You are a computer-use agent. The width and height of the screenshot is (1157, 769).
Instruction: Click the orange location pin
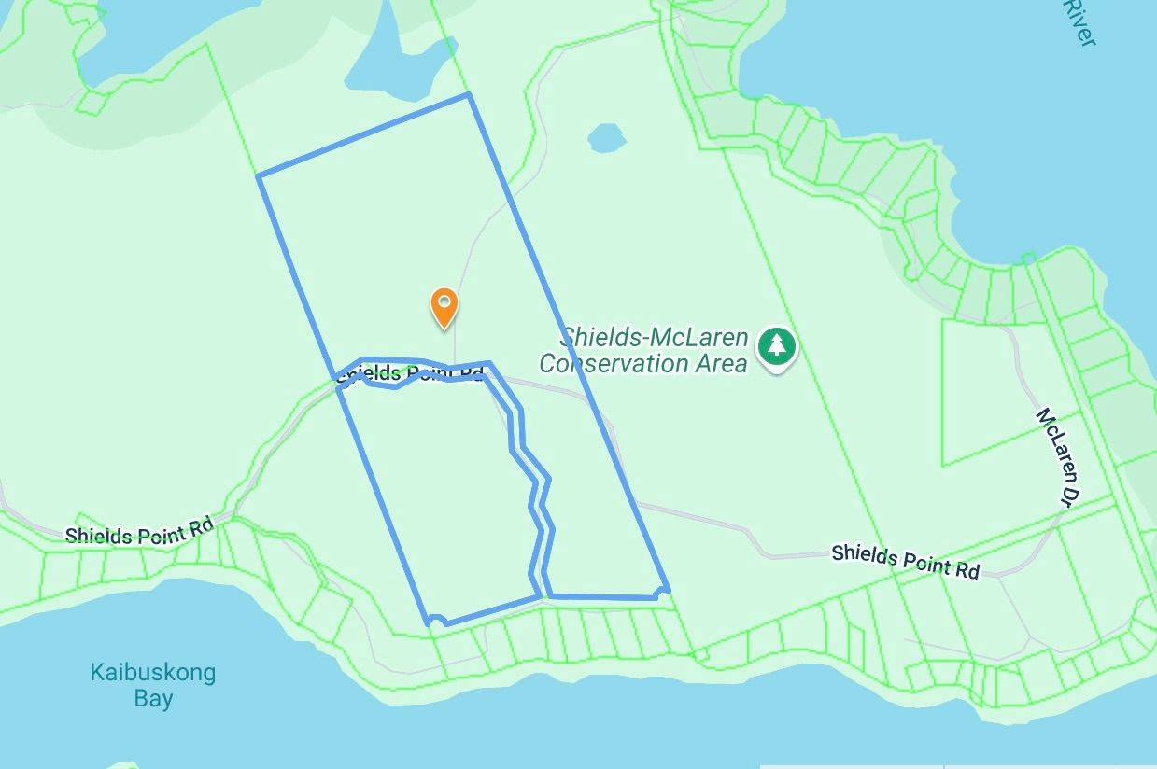(x=444, y=306)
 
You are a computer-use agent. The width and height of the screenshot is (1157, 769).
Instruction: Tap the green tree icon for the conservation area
(x=776, y=344)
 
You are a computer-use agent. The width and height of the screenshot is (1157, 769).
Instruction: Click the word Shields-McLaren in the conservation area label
(x=654, y=338)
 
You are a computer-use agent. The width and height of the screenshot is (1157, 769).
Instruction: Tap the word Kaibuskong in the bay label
(x=152, y=672)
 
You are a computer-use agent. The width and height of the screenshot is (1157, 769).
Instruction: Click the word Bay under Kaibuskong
(x=152, y=698)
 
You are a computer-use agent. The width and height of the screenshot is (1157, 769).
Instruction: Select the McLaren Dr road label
(x=1051, y=456)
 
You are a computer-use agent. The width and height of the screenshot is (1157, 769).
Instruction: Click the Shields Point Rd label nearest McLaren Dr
(x=905, y=560)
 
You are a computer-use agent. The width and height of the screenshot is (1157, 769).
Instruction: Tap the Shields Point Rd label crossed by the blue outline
(x=411, y=374)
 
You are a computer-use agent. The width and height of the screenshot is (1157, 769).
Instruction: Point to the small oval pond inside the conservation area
(x=607, y=139)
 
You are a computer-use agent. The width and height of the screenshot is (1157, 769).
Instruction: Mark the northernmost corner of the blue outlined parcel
(x=468, y=94)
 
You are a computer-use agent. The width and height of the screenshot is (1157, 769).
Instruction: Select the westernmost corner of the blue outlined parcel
(x=259, y=175)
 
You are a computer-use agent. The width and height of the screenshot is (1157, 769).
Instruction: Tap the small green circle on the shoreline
(x=1028, y=258)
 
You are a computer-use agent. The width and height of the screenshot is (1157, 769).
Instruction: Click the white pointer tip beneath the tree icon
(x=776, y=370)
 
